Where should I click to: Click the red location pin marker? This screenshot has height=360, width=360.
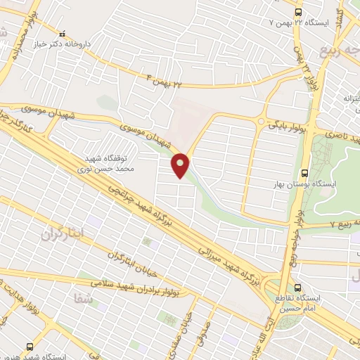(x=181, y=165)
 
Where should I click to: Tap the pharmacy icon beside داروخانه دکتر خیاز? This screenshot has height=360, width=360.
(x=63, y=32)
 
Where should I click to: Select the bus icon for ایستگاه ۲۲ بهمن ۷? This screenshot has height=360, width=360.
(x=298, y=13)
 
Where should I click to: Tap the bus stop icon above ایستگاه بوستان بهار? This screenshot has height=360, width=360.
(x=304, y=172)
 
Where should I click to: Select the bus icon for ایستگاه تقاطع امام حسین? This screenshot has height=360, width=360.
(x=299, y=288)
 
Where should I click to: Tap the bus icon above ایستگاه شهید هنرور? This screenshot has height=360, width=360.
(x=30, y=346)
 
